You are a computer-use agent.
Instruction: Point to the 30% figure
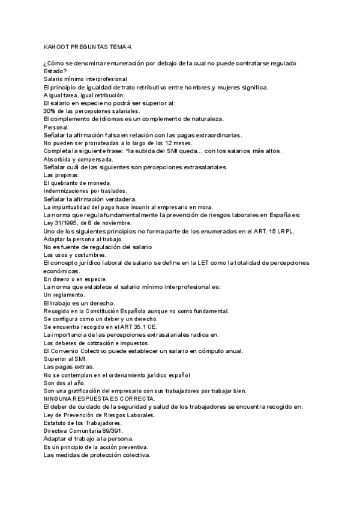(49, 110)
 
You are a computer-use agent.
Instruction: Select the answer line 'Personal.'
(56, 127)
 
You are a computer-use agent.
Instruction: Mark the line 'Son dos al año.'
(65, 382)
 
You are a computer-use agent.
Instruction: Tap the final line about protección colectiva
(97, 454)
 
